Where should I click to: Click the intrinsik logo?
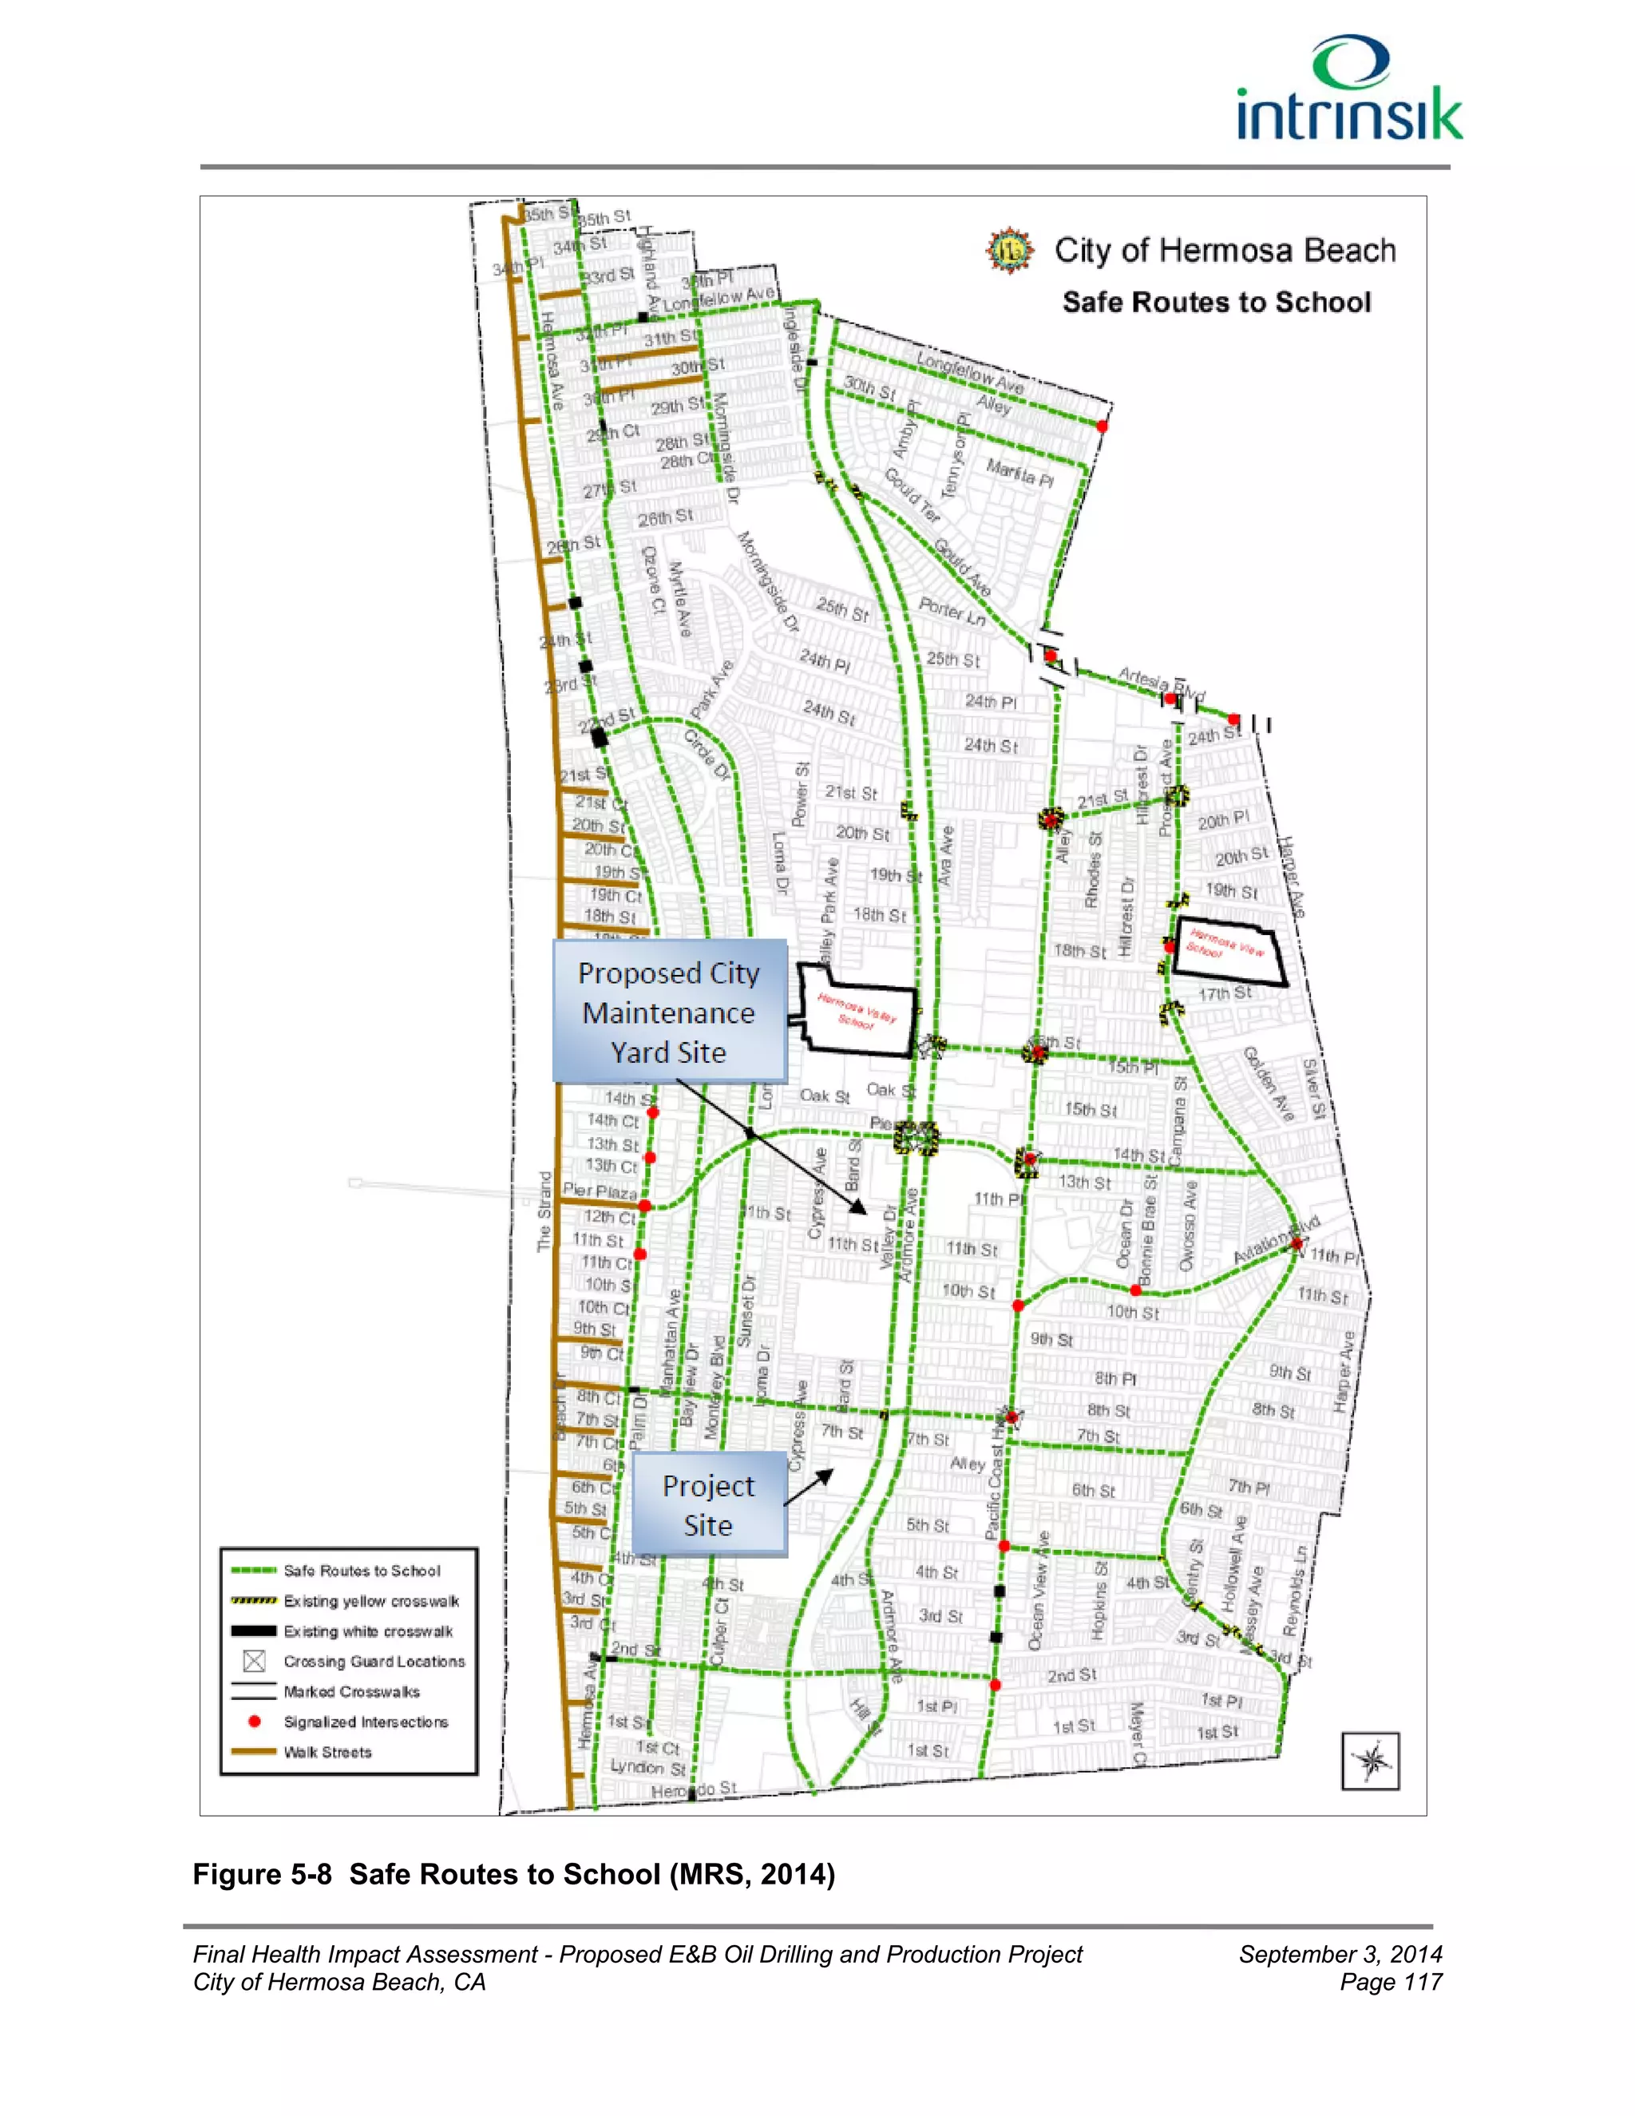(x=1349, y=90)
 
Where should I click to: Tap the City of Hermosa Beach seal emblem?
(x=1009, y=251)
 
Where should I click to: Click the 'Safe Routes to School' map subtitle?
(x=1216, y=303)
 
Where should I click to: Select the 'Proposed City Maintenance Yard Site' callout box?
(x=668, y=1012)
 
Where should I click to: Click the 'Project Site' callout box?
(x=708, y=1504)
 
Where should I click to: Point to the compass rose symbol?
(x=1371, y=1761)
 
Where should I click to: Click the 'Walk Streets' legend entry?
(x=327, y=1752)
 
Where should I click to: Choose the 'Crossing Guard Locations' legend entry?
(x=373, y=1662)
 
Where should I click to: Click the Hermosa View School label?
(x=1226, y=944)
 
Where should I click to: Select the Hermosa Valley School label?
(x=857, y=1012)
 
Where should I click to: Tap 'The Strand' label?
(x=545, y=1211)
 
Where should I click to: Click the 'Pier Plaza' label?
(x=600, y=1191)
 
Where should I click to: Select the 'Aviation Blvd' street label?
(x=1276, y=1241)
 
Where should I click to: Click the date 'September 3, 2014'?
(x=1340, y=1953)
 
